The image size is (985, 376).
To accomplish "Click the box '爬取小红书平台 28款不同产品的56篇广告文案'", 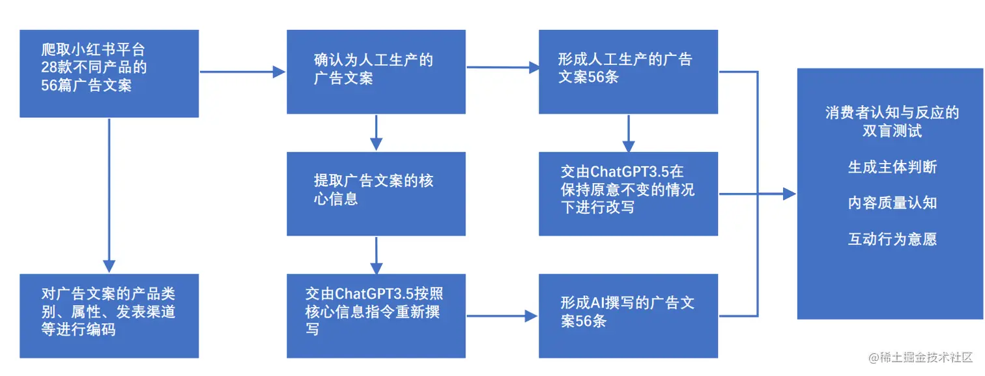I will point(109,73).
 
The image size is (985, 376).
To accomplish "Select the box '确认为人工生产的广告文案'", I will point(376,72).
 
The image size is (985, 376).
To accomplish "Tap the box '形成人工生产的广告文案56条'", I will point(628,72).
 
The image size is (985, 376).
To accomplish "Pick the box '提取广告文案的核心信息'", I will point(376,194).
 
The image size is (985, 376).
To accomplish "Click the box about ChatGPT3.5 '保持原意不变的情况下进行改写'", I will point(628,194).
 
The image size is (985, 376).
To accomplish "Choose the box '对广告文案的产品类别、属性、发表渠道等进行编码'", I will point(109,315).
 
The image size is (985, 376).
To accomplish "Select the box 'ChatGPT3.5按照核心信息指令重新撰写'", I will point(376,315).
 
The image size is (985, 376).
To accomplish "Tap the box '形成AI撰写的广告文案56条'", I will point(628,315).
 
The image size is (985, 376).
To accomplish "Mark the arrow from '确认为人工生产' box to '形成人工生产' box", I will point(502,66).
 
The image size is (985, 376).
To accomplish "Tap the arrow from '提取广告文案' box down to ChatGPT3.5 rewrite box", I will point(376,255).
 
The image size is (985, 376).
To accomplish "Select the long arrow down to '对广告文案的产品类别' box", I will point(109,195).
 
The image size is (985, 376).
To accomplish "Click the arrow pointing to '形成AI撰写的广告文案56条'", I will point(502,317).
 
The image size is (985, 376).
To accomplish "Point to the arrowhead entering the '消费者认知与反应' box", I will point(789,194).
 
